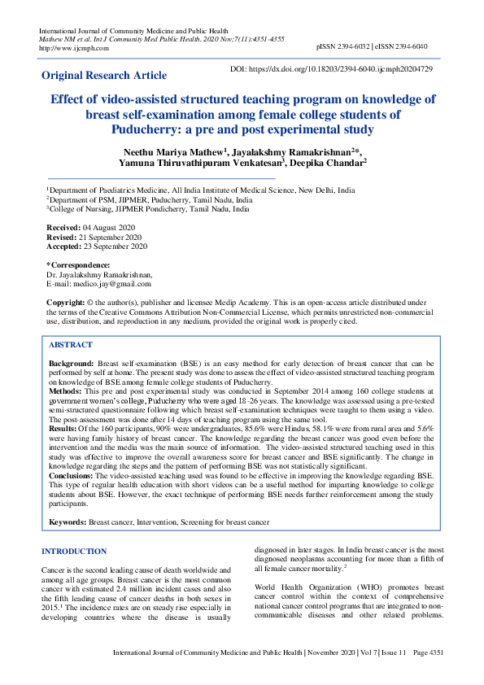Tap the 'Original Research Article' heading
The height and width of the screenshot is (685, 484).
pos(104,76)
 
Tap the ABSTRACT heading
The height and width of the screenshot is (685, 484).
pos(71,345)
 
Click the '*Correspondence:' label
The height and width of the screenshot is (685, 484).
pos(79,265)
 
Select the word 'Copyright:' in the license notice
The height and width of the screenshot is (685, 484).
pos(66,302)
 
